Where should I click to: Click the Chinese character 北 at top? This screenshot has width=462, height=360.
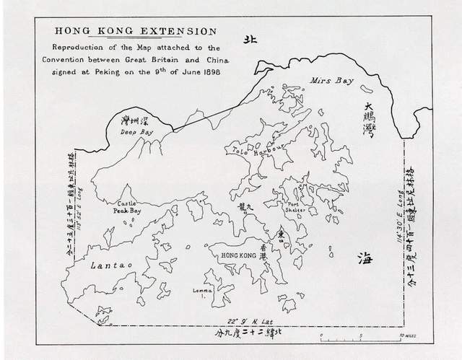[250, 41]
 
